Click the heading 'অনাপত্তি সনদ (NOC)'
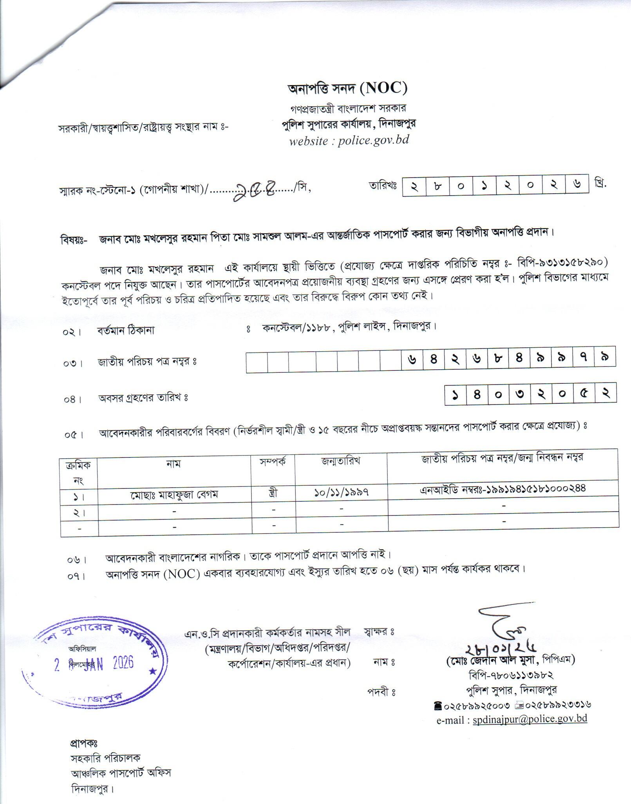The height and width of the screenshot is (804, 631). point(347,89)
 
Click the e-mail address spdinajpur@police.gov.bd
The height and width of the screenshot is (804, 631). point(530,719)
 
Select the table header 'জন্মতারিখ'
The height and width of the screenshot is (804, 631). point(341,461)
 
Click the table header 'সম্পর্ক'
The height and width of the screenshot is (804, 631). point(273,461)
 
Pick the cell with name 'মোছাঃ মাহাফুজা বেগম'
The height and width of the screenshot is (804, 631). point(174,495)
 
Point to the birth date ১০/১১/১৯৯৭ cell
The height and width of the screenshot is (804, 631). point(341,494)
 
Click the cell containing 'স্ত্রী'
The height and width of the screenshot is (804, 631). point(273,494)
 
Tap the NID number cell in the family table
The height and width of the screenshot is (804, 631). point(503,488)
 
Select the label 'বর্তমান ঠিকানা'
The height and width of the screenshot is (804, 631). point(126,330)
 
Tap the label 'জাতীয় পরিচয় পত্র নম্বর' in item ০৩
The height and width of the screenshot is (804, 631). point(147,362)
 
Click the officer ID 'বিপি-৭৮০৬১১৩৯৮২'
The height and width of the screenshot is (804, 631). point(510,675)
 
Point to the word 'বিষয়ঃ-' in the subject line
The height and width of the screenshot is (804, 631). point(74,239)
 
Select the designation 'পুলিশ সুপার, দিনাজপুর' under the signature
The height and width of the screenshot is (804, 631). point(510,690)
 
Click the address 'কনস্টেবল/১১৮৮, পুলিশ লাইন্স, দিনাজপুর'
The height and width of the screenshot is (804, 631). point(349,327)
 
